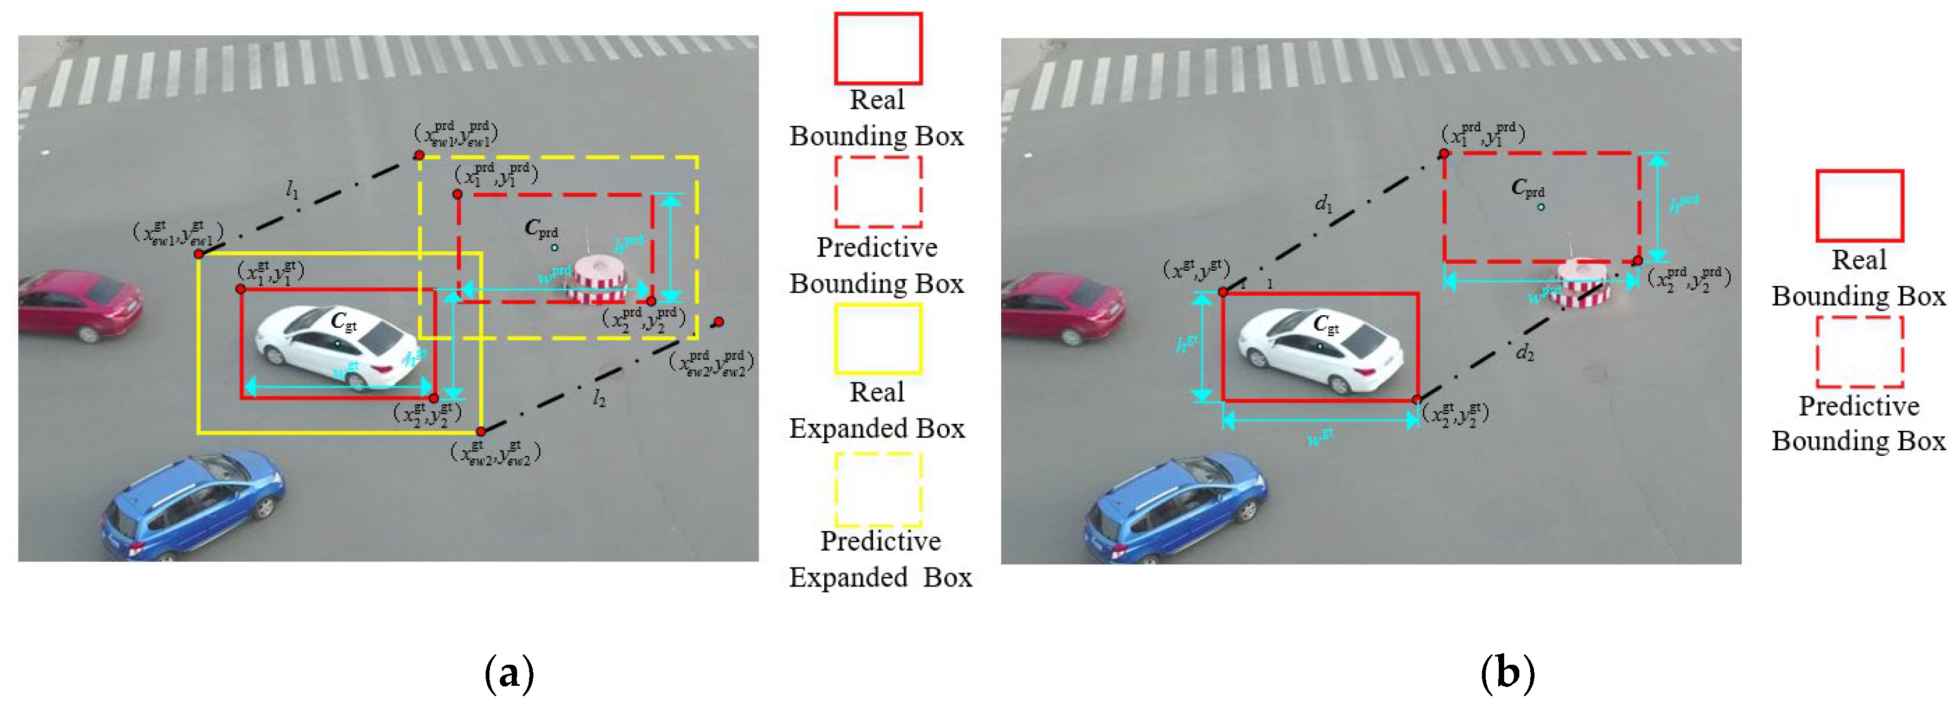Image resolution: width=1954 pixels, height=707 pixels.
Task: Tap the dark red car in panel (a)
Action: pos(80,303)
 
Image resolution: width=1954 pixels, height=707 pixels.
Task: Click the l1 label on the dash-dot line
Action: pos(292,190)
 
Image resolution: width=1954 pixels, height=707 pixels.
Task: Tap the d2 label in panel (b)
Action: pos(1525,352)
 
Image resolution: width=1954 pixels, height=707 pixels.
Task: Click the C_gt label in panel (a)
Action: pos(343,322)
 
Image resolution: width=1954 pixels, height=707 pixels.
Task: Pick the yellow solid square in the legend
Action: pos(877,339)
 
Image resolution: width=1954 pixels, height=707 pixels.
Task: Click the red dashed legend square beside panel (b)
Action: pos(1859,351)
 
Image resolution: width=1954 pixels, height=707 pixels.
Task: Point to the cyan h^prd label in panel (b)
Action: pos(1683,203)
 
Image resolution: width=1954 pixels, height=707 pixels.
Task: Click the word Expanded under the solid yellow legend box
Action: pos(877,429)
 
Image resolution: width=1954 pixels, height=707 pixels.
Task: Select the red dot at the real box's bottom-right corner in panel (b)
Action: pos(1416,400)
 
